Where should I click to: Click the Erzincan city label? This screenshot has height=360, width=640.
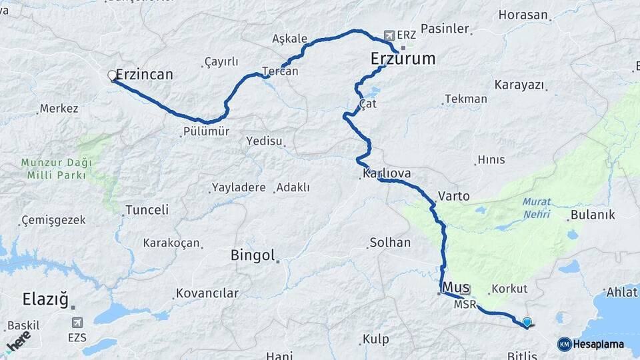point(144,75)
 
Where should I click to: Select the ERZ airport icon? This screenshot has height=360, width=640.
point(388,35)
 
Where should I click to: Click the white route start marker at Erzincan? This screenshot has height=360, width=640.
point(113,76)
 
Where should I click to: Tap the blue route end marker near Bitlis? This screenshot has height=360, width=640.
point(527,323)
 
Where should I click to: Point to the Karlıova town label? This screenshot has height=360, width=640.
point(387,173)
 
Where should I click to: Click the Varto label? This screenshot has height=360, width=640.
point(454,197)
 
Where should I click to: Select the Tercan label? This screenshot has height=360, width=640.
point(280,71)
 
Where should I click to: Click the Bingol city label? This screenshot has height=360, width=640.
point(253,255)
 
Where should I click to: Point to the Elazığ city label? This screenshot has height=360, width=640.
point(45,298)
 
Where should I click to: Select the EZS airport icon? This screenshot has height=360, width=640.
point(78,323)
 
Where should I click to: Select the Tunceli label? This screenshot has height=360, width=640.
point(147,209)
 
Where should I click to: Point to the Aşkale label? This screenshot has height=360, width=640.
point(290,39)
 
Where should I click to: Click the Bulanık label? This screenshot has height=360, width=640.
point(593,215)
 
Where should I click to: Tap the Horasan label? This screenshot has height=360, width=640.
point(523,15)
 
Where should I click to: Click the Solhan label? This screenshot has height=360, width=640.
point(391,242)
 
